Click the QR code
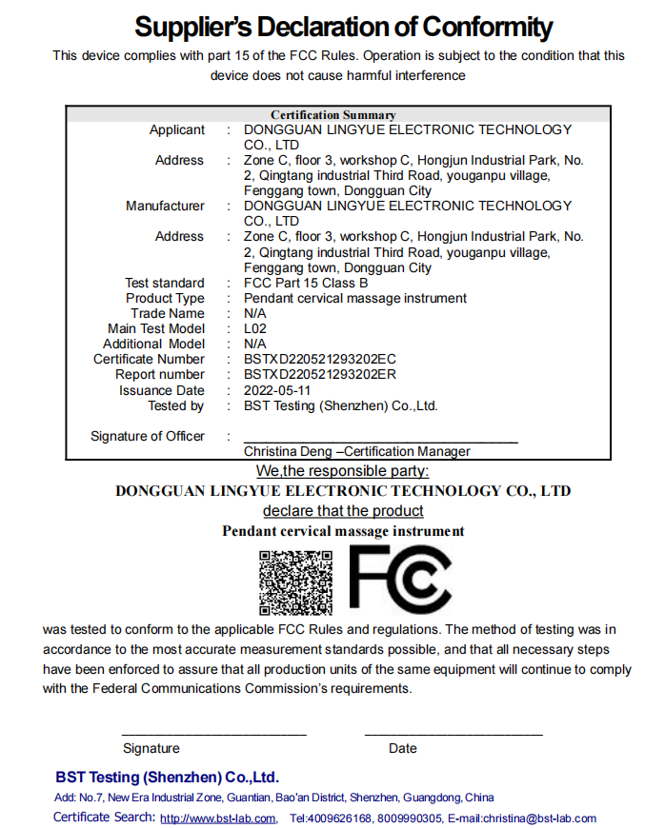(x=295, y=582)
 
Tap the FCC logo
(x=400, y=580)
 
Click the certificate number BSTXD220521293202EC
(x=320, y=359)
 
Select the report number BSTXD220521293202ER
(x=320, y=374)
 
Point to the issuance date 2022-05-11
(x=277, y=390)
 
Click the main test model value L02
(x=254, y=328)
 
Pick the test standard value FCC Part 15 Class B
(x=306, y=283)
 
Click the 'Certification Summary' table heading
(x=332, y=115)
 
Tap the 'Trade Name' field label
(x=168, y=313)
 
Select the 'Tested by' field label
(x=175, y=405)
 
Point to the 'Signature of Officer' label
(x=148, y=436)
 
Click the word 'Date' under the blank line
(x=403, y=748)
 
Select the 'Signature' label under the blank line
(x=151, y=748)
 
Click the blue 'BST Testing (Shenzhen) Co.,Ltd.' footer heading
(x=167, y=777)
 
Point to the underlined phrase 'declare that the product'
(x=343, y=511)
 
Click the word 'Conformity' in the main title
(x=474, y=27)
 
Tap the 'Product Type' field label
(x=165, y=298)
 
